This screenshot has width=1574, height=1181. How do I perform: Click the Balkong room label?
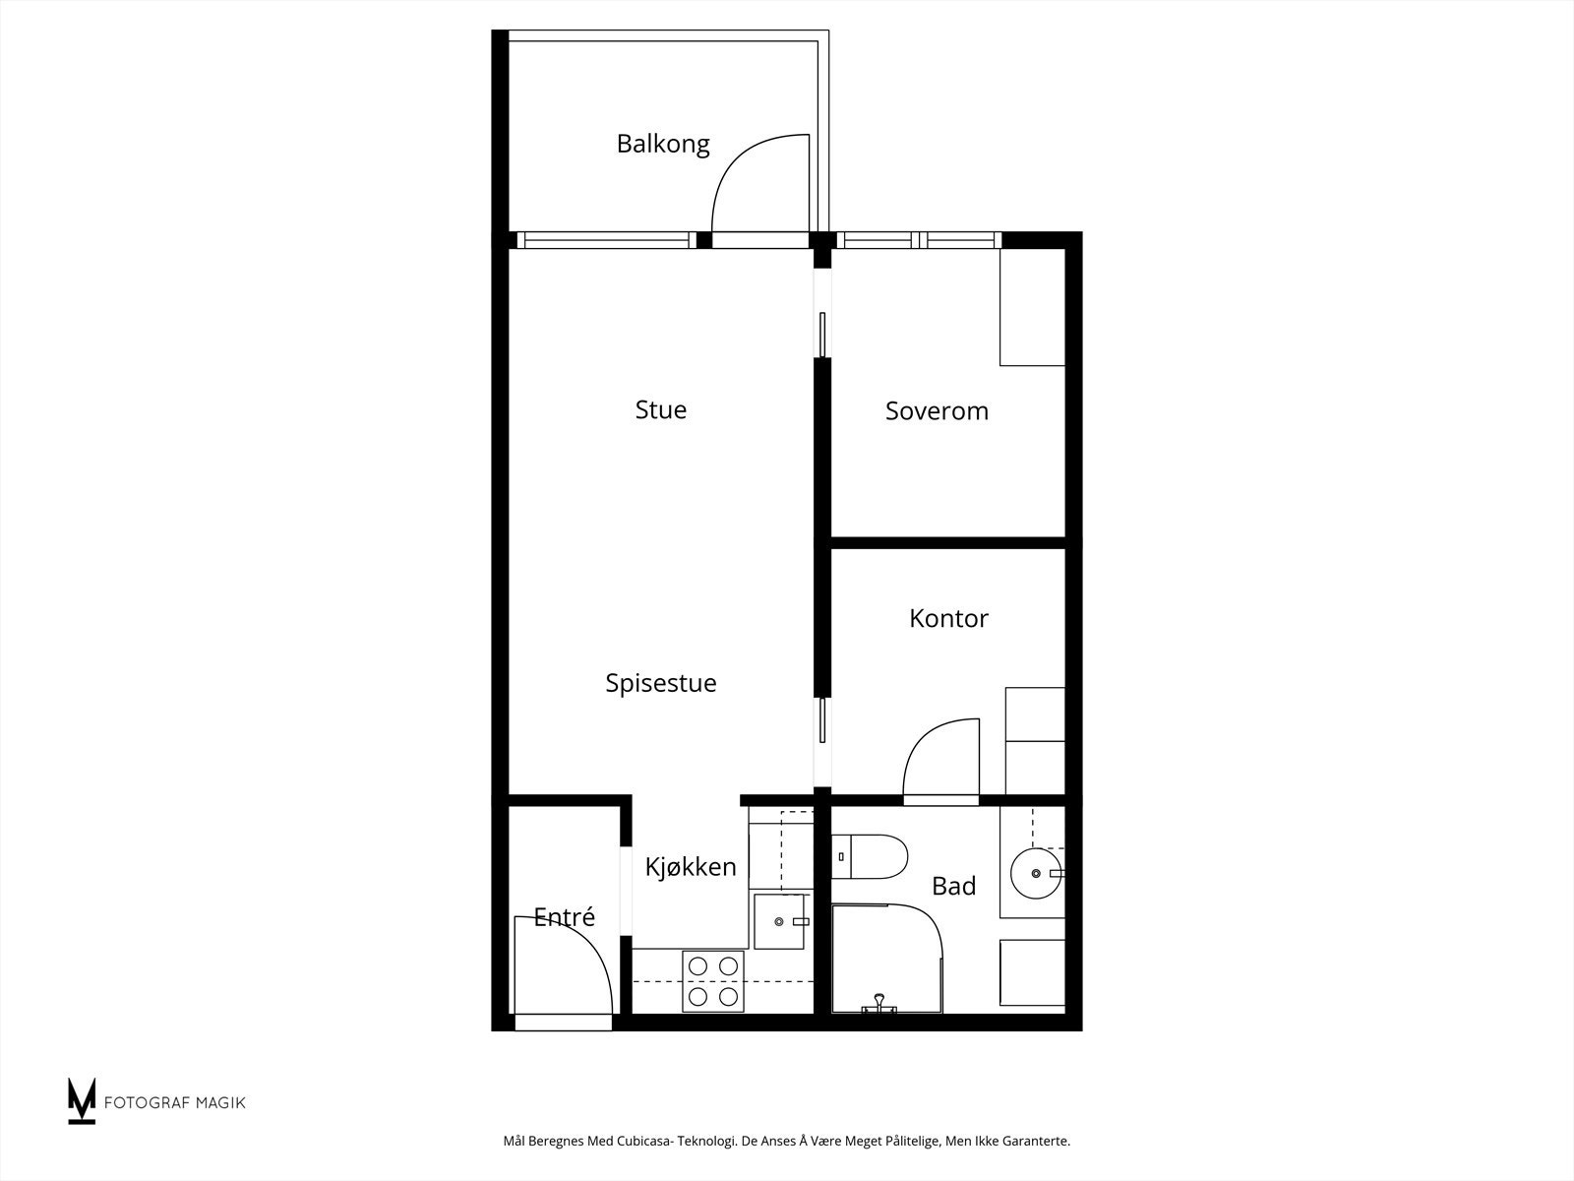click(663, 144)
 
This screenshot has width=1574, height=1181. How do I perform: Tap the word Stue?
click(660, 409)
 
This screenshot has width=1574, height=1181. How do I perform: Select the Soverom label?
click(937, 410)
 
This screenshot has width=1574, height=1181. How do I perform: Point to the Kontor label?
click(948, 618)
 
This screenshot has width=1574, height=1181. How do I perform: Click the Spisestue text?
click(660, 683)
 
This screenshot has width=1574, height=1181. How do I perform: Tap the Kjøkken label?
click(691, 867)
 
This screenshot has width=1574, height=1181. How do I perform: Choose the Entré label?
click(565, 916)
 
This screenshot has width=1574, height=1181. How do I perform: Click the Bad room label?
click(953, 887)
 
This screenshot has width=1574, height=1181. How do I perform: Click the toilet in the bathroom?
click(870, 856)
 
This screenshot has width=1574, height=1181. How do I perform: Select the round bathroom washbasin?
click(1036, 873)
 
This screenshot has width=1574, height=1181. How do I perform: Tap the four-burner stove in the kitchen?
click(713, 981)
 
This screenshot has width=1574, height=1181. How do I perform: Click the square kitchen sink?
click(780, 921)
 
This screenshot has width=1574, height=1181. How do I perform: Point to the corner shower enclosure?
click(887, 959)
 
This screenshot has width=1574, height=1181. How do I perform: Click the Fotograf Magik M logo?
click(82, 1100)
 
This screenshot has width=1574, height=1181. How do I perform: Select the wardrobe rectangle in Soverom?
click(1033, 307)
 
